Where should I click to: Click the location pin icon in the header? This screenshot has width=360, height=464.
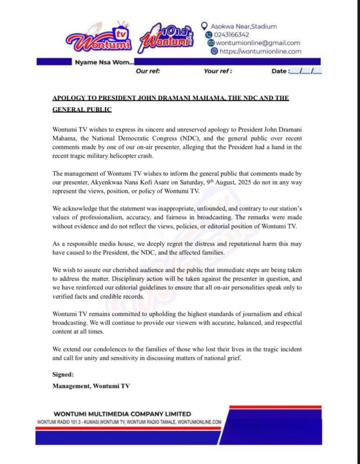(x=204, y=26)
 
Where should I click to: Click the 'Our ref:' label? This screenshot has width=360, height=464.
(x=147, y=71)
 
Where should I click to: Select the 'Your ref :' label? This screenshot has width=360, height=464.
(x=218, y=71)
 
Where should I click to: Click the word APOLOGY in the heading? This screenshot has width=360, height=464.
(x=68, y=98)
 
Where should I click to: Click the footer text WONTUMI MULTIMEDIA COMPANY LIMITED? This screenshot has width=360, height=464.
(x=122, y=414)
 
